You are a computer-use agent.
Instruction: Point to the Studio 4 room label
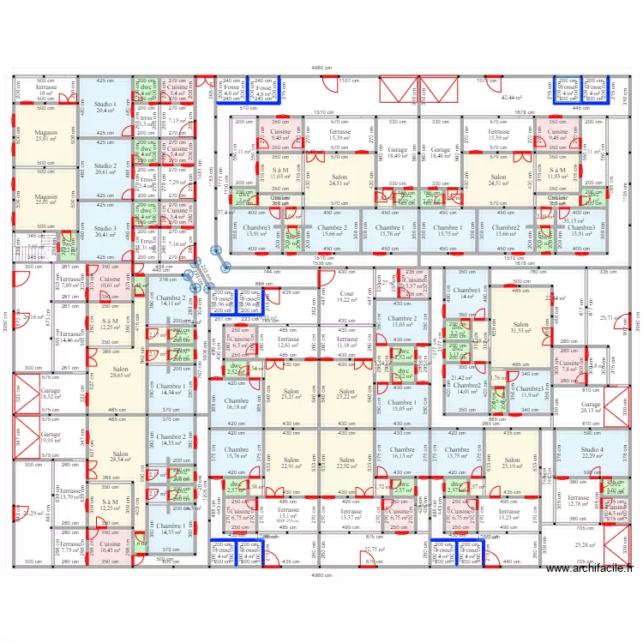coord(592,452)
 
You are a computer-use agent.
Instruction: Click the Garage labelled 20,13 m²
coord(592,406)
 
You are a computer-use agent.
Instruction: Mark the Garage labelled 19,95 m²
coord(51,437)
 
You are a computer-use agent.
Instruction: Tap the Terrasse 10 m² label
coord(45,90)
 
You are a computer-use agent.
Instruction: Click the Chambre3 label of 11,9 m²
coord(530,391)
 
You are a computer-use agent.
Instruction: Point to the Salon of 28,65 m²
coord(108,372)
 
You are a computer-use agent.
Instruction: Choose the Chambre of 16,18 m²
coord(236,404)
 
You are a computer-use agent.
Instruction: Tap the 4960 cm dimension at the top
coord(321,68)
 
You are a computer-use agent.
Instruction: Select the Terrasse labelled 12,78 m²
coord(579,501)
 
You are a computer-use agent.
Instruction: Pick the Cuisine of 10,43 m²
coord(110,545)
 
